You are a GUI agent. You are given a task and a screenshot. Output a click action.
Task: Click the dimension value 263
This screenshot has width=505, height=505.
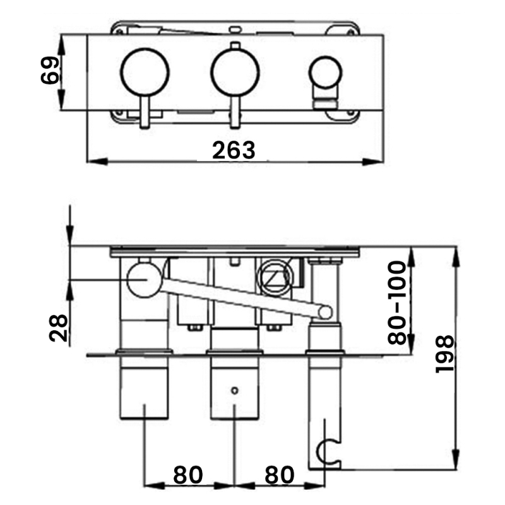click(x=234, y=150)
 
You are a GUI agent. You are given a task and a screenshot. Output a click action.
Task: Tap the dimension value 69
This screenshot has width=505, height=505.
click(x=50, y=71)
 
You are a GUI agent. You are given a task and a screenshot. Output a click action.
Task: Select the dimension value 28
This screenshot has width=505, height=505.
click(x=58, y=328)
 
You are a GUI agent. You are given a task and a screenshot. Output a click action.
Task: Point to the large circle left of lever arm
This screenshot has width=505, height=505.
click(x=145, y=280)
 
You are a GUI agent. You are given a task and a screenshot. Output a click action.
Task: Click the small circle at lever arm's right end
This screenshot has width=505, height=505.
click(x=325, y=312)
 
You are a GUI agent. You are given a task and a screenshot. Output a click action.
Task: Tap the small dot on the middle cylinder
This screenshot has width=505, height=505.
click(x=235, y=390)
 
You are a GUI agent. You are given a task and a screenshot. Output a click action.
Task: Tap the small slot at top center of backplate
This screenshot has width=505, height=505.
click(x=235, y=28)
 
